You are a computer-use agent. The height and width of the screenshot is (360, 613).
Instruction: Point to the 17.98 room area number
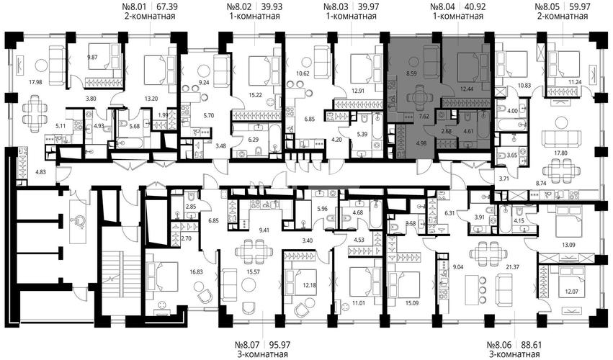click(x=35, y=82)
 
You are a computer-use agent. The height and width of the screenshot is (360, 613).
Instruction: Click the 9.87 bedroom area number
click(x=93, y=58)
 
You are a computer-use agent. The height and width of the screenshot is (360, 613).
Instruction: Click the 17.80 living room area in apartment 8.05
click(x=561, y=153)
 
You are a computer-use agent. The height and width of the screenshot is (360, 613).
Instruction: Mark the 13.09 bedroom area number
click(x=568, y=245)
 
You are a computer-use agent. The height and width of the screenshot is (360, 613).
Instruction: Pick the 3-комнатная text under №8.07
click(x=262, y=354)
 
